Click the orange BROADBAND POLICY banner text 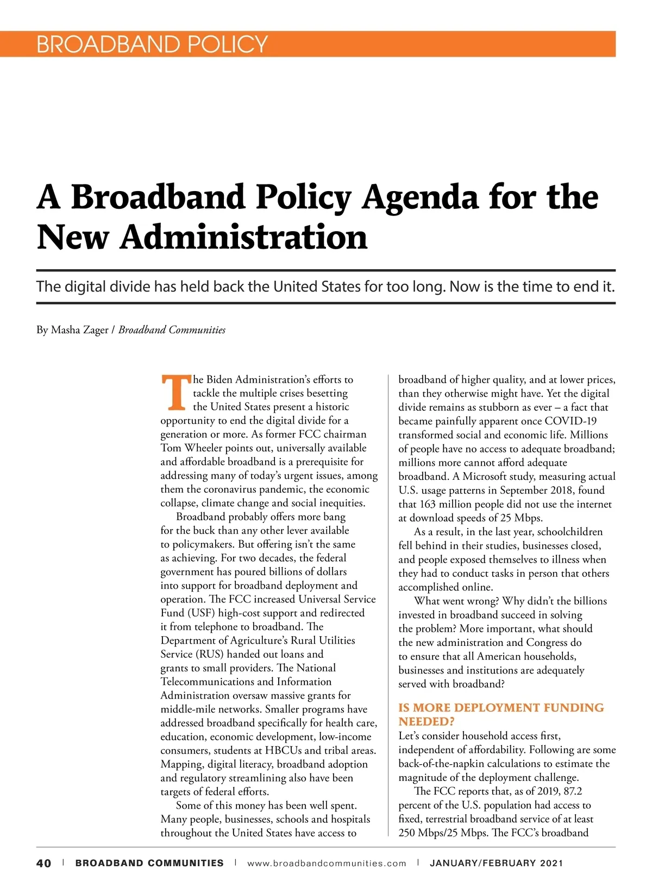click(152, 44)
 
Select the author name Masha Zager click(79, 330)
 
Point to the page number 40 click(44, 863)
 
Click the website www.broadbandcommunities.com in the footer click(327, 863)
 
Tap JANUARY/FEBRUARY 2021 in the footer click(496, 863)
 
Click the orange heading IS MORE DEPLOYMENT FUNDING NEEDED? click(500, 714)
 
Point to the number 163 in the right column click(428, 504)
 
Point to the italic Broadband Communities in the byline click(172, 330)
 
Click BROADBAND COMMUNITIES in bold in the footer click(149, 863)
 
